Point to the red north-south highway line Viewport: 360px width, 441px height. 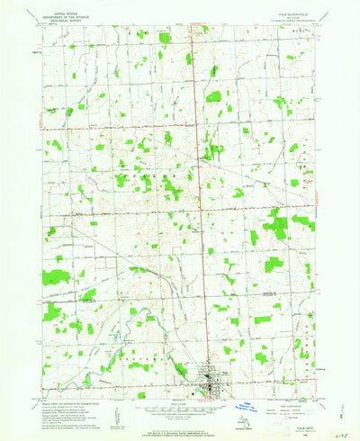click(x=200, y=180)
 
